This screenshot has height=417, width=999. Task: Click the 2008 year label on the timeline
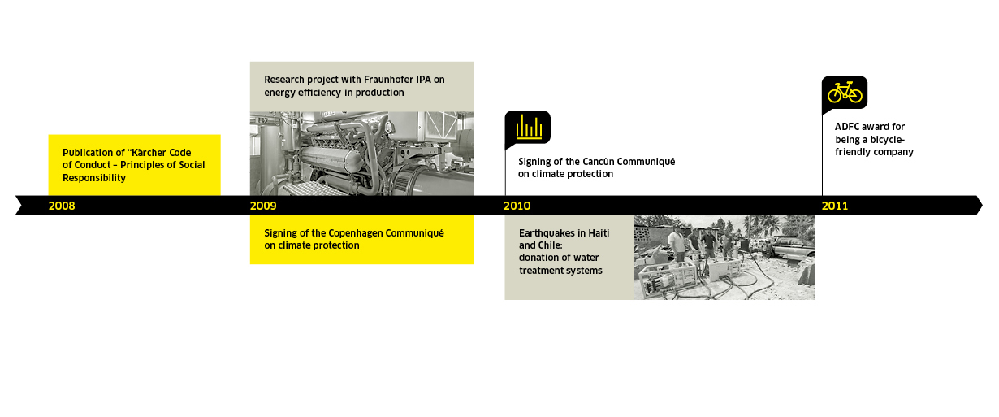(62, 206)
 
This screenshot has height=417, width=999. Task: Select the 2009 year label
(263, 206)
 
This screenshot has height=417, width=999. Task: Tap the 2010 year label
(517, 206)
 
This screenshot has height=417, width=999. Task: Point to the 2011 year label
(835, 206)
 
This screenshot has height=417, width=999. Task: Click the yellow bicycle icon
(845, 93)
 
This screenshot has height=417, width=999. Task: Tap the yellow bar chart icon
(529, 127)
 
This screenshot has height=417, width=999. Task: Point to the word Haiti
(599, 233)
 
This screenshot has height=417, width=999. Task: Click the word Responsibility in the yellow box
(94, 178)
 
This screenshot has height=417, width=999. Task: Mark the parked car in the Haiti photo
(792, 246)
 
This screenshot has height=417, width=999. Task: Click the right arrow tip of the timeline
(982, 206)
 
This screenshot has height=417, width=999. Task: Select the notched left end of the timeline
(22, 206)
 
